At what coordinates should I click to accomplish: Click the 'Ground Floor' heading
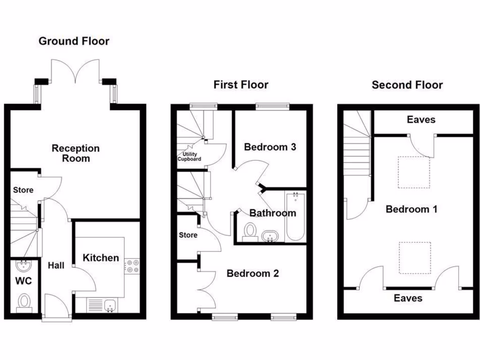click(74, 41)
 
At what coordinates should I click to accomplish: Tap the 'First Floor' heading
click(241, 85)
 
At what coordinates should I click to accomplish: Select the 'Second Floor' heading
click(407, 85)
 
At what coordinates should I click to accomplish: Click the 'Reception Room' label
click(75, 153)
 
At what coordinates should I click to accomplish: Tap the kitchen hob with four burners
click(132, 266)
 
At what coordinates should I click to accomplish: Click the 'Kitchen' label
click(101, 258)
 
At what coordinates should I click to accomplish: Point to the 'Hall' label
click(56, 265)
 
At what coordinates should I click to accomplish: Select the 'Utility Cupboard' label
click(189, 157)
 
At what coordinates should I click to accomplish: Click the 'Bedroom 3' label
click(270, 147)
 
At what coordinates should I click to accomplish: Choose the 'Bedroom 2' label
click(253, 273)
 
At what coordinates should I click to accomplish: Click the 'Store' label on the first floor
click(188, 235)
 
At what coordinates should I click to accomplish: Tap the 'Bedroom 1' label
click(411, 209)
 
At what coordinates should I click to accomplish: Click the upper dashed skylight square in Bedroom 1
click(414, 172)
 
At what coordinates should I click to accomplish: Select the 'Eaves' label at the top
click(421, 120)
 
